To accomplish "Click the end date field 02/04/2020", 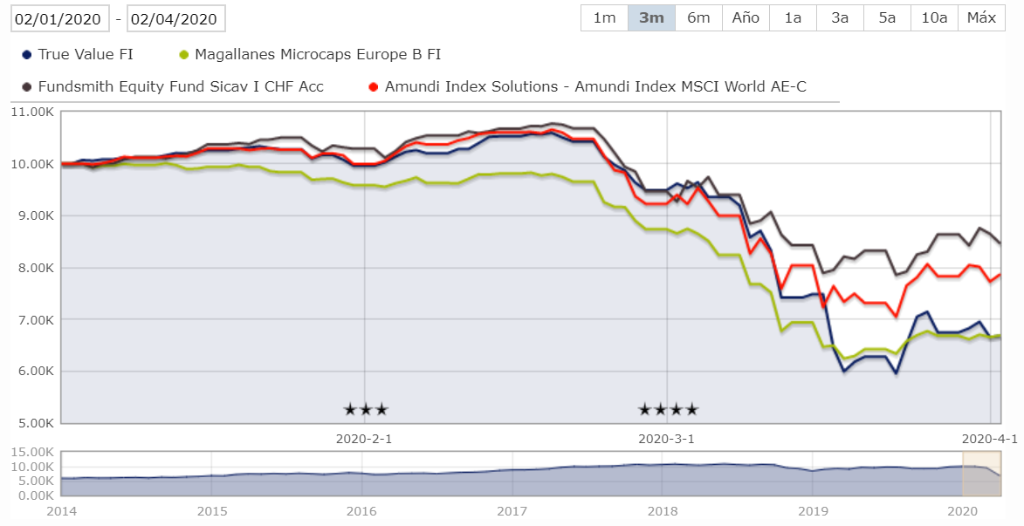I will click(x=176, y=18).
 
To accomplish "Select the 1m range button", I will click(x=604, y=18).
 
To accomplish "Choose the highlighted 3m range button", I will click(x=651, y=18).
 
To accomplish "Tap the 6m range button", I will click(x=698, y=18).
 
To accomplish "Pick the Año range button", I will click(x=746, y=18).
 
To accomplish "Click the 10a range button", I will click(x=934, y=18).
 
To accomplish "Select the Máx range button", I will click(x=981, y=18).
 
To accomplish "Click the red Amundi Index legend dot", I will click(x=373, y=86).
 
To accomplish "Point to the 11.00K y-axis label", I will click(x=32, y=112).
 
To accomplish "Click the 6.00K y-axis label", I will click(x=36, y=372).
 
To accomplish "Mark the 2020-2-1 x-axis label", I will click(x=363, y=439).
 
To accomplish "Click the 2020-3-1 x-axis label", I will click(x=667, y=439).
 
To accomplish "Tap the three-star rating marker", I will click(x=365, y=409).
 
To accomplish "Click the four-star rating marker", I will click(x=668, y=409).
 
